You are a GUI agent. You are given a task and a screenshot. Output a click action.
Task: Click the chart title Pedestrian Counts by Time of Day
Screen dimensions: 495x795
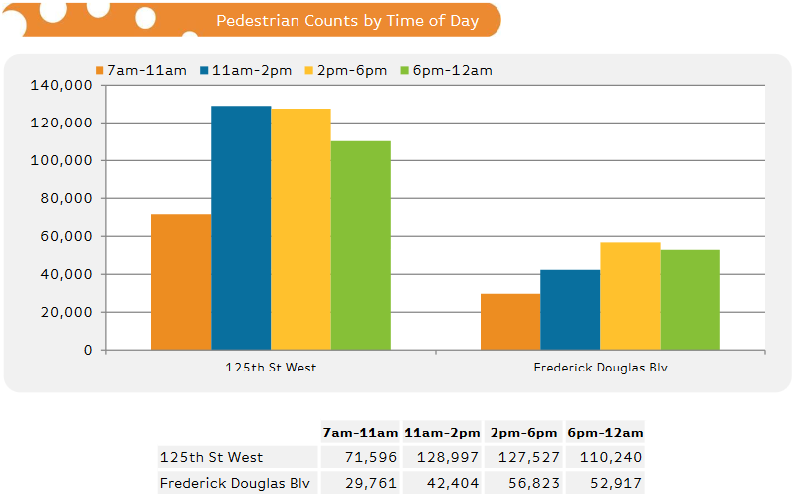pyautogui.click(x=347, y=21)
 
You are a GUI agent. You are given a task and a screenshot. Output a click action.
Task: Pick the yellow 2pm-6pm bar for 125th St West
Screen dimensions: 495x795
pyautogui.click(x=300, y=229)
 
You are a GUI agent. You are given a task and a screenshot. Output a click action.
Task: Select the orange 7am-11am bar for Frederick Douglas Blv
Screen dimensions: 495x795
pyautogui.click(x=510, y=322)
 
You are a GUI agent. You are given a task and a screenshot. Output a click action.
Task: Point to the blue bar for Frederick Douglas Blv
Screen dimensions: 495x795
pyautogui.click(x=570, y=310)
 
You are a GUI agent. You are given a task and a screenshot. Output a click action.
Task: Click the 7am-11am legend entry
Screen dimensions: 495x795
pyautogui.click(x=140, y=70)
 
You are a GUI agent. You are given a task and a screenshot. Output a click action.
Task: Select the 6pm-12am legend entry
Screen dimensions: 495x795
pyautogui.click(x=445, y=70)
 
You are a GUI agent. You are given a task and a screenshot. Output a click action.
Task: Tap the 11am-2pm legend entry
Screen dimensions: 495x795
pyautogui.click(x=244, y=70)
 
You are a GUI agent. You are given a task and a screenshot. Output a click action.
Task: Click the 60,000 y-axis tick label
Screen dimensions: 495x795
pyautogui.click(x=66, y=237)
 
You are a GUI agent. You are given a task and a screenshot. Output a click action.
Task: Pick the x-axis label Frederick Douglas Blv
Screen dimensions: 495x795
pyautogui.click(x=600, y=368)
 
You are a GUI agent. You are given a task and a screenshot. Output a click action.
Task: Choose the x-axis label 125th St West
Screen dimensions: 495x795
pyautogui.click(x=271, y=368)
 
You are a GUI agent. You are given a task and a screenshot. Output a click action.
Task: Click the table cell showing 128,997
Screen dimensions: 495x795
pyautogui.click(x=442, y=457)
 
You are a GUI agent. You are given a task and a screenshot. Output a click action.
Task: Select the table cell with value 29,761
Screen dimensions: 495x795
pyautogui.click(x=360, y=483)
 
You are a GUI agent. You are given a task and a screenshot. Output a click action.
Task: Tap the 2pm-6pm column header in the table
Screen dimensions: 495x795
pyautogui.click(x=522, y=433)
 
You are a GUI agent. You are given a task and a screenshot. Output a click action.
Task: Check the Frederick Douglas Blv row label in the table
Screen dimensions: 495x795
pyautogui.click(x=235, y=483)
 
